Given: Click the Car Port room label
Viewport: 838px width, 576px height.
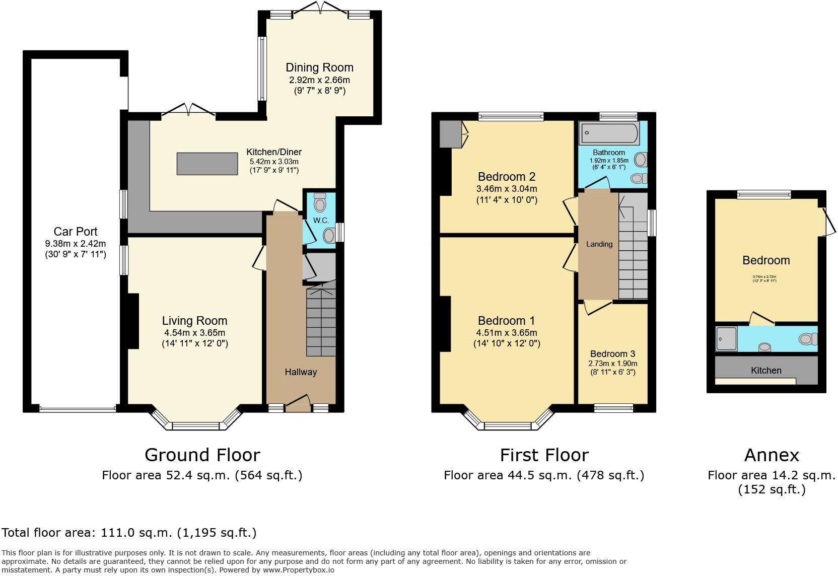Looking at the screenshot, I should [76, 232].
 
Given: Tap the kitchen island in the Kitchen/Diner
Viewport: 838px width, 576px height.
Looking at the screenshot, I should [207, 164].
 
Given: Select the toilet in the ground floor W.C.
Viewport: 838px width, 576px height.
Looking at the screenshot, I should [320, 203].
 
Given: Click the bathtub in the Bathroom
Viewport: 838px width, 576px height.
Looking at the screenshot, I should [609, 133].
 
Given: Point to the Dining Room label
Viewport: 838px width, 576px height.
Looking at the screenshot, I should [319, 67].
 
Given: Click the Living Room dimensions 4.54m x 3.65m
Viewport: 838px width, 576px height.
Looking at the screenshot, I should [194, 333].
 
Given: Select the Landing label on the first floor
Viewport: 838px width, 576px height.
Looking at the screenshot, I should [599, 244].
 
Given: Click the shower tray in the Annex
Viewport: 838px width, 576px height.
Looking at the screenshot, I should [726, 338].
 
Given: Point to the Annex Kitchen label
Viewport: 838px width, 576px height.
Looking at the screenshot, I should [766, 371].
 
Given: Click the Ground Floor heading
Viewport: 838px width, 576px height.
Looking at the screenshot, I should [202, 455].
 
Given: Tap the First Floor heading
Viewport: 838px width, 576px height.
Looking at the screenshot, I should [544, 455].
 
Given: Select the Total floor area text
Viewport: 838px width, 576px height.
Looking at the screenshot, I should [129, 533].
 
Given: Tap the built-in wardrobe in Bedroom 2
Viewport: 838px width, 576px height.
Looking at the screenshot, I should [451, 134].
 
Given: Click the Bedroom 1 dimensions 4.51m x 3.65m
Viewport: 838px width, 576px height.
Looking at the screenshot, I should [507, 333].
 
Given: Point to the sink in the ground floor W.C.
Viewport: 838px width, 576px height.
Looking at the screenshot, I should [329, 235].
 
